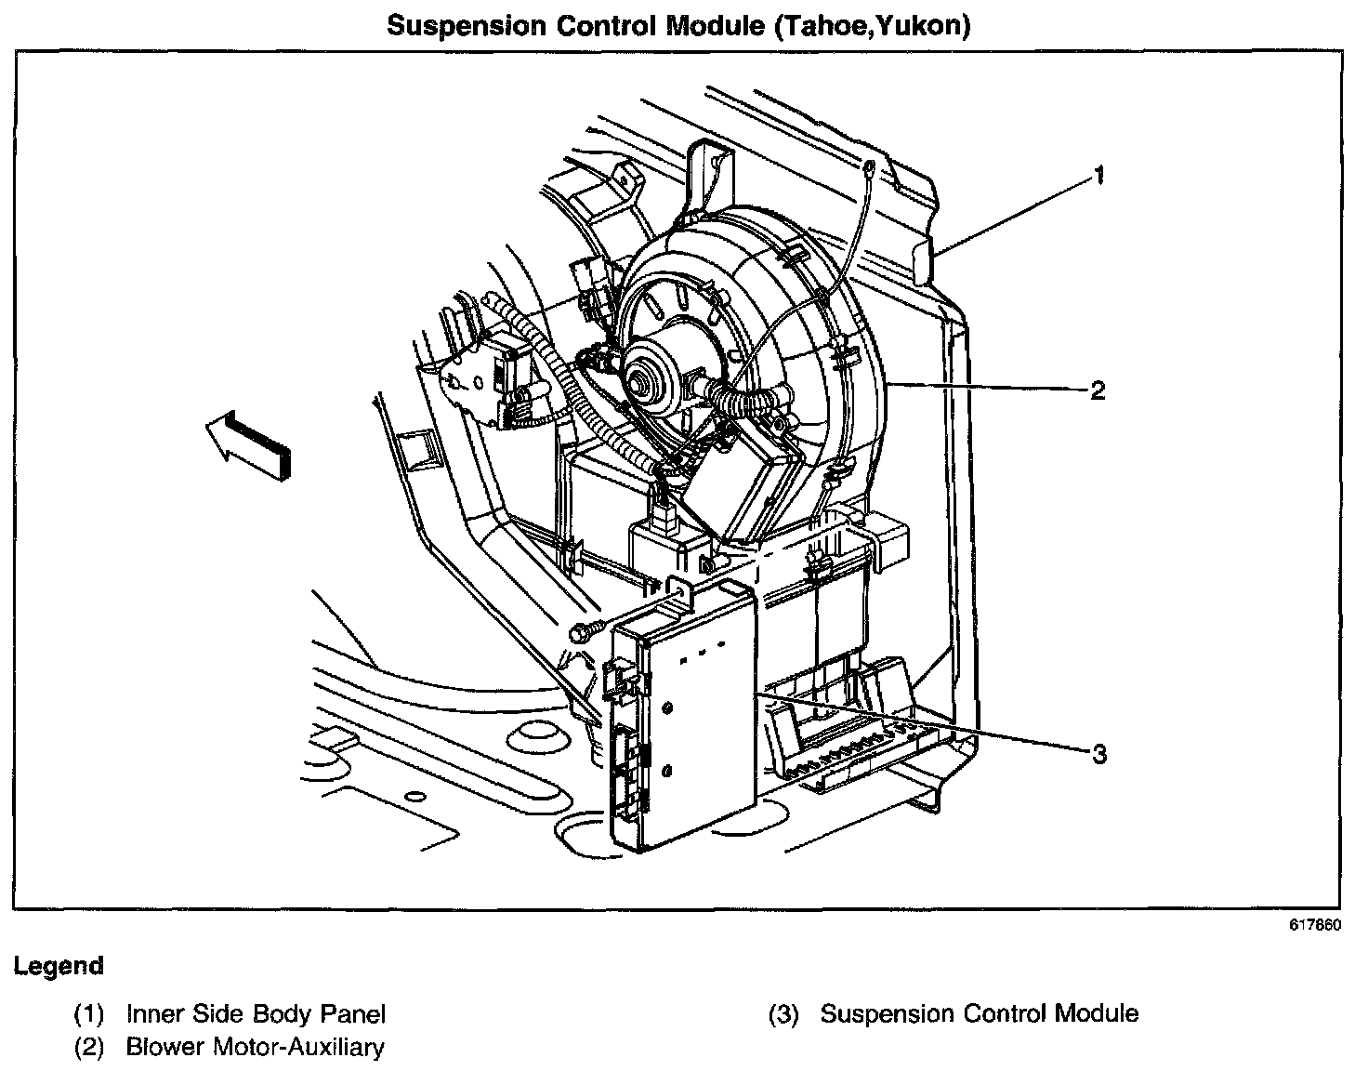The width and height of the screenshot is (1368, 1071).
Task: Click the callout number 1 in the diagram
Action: (1098, 175)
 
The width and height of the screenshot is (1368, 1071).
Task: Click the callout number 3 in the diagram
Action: (1099, 753)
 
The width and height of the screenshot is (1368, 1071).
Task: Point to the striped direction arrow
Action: (248, 447)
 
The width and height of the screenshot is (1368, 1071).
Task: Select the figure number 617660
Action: (1314, 925)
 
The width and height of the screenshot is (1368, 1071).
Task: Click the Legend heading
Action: (59, 966)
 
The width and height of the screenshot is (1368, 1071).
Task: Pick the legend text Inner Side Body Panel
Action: (256, 1013)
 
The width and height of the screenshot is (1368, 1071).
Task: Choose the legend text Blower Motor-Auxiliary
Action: (255, 1047)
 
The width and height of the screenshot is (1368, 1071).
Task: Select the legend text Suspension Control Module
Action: (979, 1013)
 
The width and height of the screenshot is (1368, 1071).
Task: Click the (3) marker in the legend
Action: (783, 1014)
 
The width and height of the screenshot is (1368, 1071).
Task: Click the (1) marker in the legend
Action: (89, 1014)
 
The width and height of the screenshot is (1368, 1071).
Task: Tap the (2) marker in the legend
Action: (89, 1048)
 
